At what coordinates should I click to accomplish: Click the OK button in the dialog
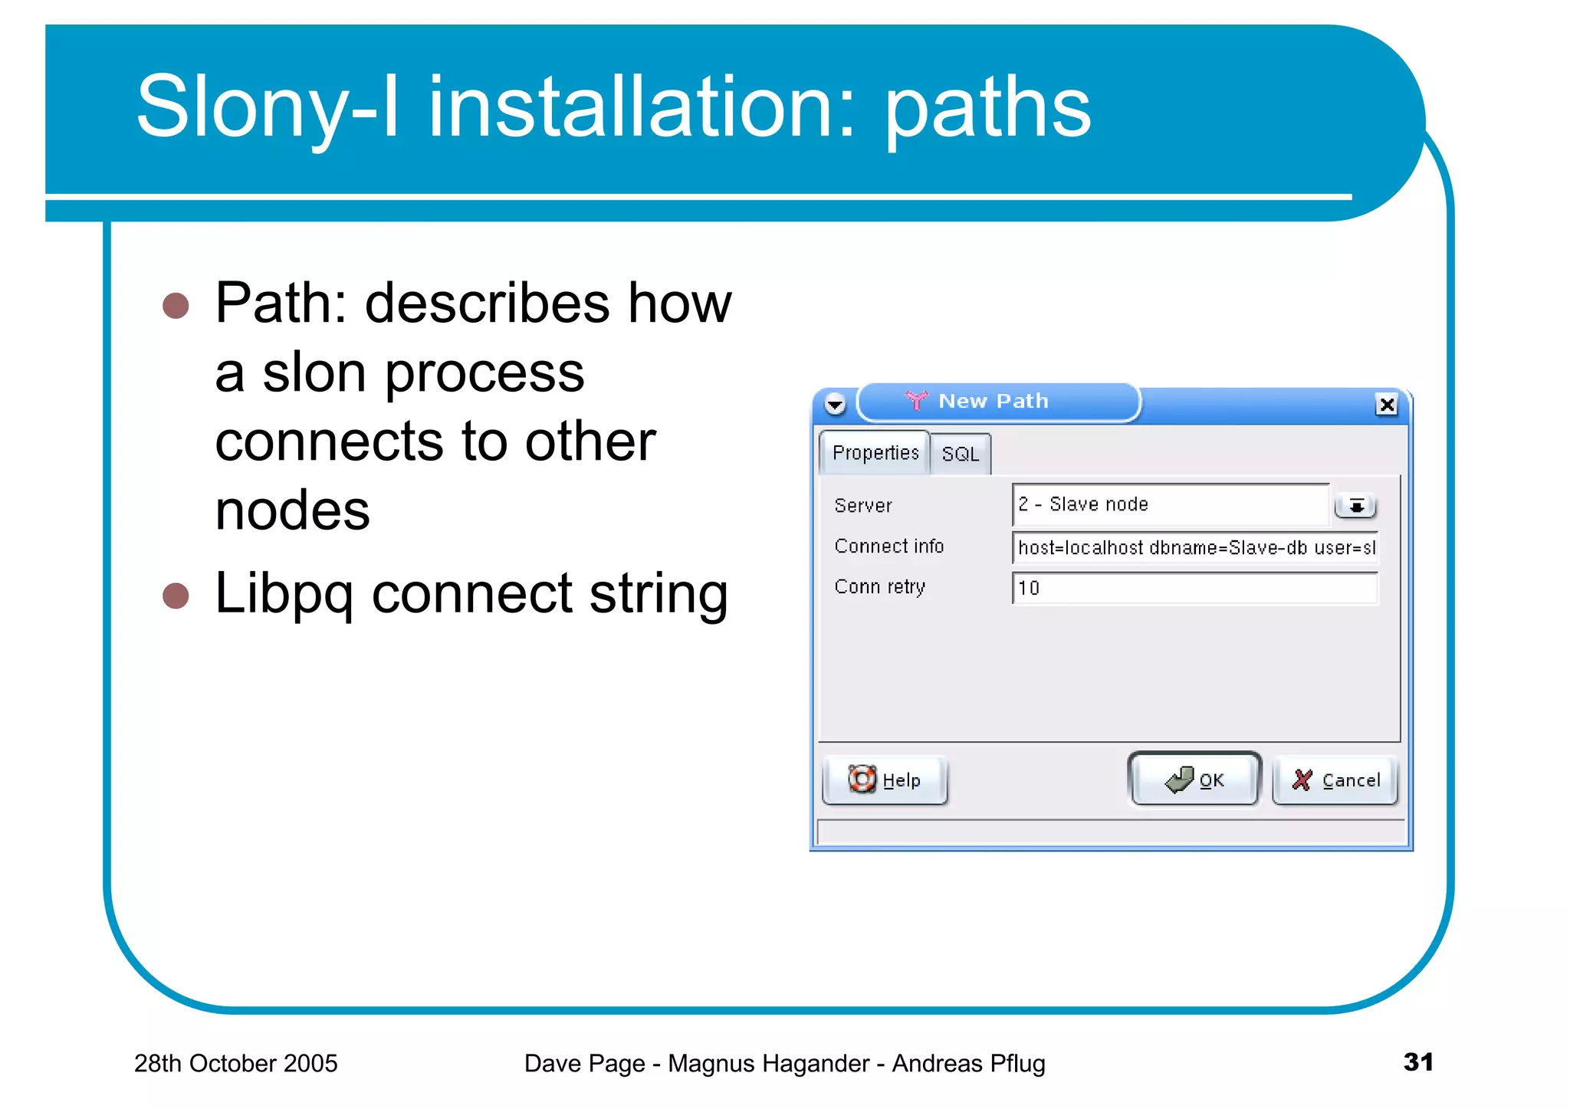(1194, 779)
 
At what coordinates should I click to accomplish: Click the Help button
(885, 780)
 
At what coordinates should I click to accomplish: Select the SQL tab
(960, 454)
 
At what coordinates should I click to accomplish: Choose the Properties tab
(875, 453)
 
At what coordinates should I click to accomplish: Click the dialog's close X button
(1386, 404)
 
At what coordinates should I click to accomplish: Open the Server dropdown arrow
(1355, 506)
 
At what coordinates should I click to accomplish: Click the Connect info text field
(1194, 547)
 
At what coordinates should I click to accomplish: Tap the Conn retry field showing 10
(1194, 588)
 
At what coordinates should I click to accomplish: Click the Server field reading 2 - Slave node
(1170, 504)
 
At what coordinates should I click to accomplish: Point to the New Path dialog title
(993, 401)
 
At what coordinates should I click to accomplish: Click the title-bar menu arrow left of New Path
(835, 403)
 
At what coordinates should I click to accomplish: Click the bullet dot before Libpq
(176, 596)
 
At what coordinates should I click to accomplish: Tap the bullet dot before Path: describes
(176, 305)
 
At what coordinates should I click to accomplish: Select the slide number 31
(1417, 1061)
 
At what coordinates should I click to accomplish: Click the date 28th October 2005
(235, 1063)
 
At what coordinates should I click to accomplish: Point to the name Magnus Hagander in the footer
(768, 1063)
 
